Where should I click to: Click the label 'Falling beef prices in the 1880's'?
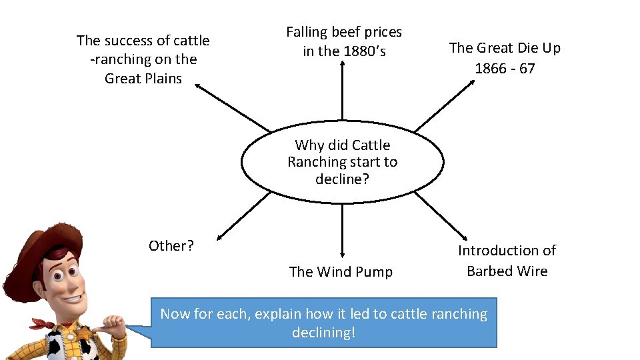(344, 41)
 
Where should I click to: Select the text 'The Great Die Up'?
(505, 48)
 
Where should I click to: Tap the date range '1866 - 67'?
(505, 69)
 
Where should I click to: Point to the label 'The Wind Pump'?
(341, 271)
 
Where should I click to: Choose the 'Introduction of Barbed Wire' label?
(507, 261)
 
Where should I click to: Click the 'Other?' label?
(171, 246)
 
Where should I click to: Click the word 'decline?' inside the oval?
(342, 179)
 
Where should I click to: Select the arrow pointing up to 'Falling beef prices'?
(342, 90)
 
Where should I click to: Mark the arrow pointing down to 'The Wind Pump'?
(342, 230)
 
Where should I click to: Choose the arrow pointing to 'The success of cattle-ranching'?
(233, 107)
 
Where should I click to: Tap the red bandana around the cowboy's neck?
(50, 325)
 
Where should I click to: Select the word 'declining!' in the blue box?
(324, 332)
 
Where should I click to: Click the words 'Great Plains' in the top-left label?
(143, 79)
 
